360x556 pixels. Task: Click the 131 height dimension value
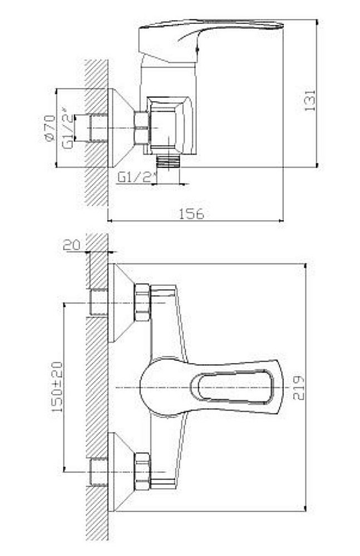310,100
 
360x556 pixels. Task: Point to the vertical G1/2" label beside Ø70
67,131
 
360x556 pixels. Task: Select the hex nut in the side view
141,127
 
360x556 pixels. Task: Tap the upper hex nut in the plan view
142,302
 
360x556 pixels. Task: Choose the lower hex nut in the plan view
142,471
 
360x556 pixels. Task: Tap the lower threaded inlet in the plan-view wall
98,472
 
